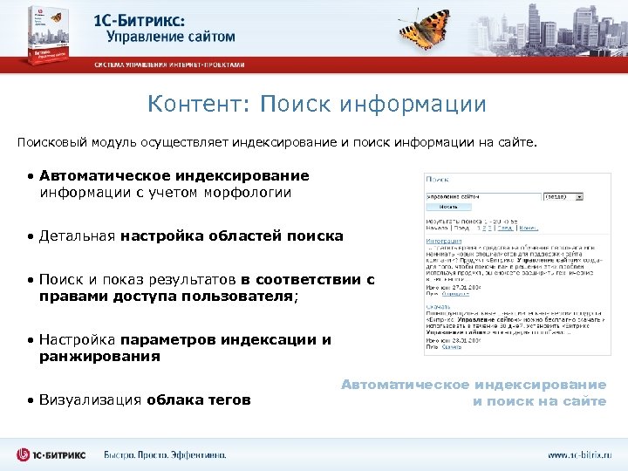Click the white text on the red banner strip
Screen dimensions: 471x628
click(170, 65)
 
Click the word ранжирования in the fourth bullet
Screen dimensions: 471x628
click(99, 356)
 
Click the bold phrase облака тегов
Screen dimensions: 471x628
click(198, 399)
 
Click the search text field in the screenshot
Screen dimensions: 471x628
click(482, 196)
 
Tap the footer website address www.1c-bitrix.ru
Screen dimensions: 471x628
click(580, 454)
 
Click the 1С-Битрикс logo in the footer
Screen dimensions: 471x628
click(52, 454)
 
